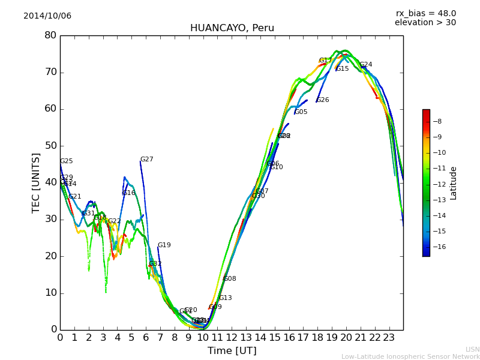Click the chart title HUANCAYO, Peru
(x=232, y=28)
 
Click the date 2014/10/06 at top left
(x=47, y=16)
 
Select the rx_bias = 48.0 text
(x=425, y=14)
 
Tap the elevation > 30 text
(x=425, y=23)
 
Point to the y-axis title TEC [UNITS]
(x=36, y=182)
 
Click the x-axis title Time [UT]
(x=232, y=351)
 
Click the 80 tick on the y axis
(x=50, y=35)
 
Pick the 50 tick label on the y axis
(x=50, y=146)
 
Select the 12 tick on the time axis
(x=232, y=337)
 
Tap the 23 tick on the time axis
(x=389, y=337)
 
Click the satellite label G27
(x=147, y=160)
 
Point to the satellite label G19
(x=164, y=245)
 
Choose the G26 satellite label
(x=323, y=100)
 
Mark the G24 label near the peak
(x=366, y=65)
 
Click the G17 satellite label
(x=325, y=61)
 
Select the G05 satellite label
(x=301, y=112)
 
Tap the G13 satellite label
(x=225, y=298)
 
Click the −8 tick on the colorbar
(x=437, y=122)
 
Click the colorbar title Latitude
(x=454, y=183)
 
